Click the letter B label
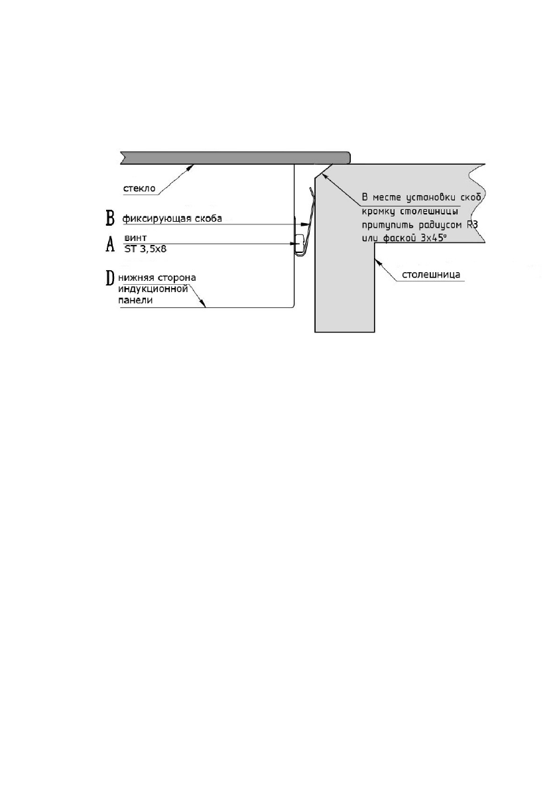coord(111,218)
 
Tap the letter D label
coord(111,278)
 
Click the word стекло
coord(139,189)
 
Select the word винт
coord(135,237)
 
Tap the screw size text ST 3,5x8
coord(145,250)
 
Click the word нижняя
coord(139,277)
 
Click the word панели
coord(136,300)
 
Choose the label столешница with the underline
coord(430,274)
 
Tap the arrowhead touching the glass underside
coord(191,167)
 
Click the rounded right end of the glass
coord(347,157)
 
